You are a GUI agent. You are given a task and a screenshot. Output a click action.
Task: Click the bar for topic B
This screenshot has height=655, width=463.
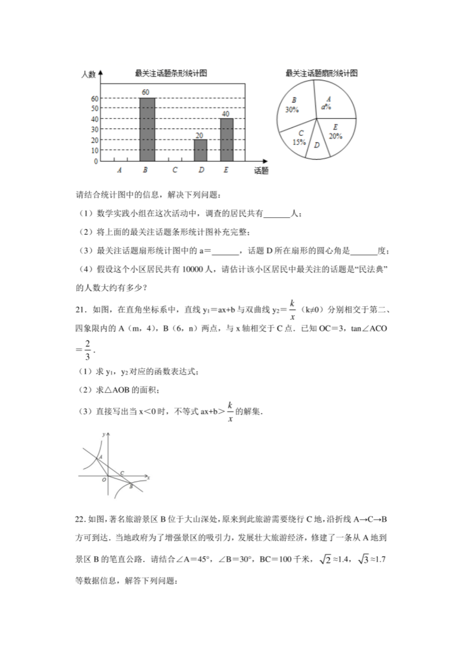[x=147, y=129]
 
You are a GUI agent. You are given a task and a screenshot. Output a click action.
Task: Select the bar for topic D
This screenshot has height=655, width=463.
[x=200, y=150]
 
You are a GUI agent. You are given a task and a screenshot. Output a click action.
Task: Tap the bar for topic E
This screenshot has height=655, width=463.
[x=226, y=140]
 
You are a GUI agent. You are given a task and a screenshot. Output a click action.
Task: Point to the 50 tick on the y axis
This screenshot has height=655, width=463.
[x=95, y=109]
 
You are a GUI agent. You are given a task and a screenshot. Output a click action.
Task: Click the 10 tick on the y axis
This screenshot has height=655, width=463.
[x=95, y=151]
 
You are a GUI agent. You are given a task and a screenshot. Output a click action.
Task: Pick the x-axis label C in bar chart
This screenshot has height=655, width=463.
[x=175, y=170]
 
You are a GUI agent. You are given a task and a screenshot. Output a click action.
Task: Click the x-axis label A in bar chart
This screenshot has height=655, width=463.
[x=119, y=170]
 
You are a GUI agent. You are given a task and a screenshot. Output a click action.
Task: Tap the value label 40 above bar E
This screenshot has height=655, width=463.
[x=226, y=114]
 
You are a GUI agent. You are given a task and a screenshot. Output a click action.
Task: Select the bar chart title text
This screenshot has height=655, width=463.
[x=171, y=73]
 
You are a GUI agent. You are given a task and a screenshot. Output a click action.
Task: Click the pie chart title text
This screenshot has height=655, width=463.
[x=321, y=73]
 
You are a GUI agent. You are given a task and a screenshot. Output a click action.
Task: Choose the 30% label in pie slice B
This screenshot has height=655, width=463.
[x=292, y=110]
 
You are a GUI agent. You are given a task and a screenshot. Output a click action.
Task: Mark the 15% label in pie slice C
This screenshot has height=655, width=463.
[x=299, y=142]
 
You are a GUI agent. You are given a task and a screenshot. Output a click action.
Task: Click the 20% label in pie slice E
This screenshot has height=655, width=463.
[x=335, y=136]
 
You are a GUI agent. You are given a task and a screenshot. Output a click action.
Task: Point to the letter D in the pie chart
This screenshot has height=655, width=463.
[x=317, y=145]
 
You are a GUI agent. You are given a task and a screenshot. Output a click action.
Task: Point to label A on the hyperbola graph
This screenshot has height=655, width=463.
[x=101, y=457]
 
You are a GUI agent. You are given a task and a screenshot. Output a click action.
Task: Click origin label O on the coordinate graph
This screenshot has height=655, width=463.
[x=104, y=480]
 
